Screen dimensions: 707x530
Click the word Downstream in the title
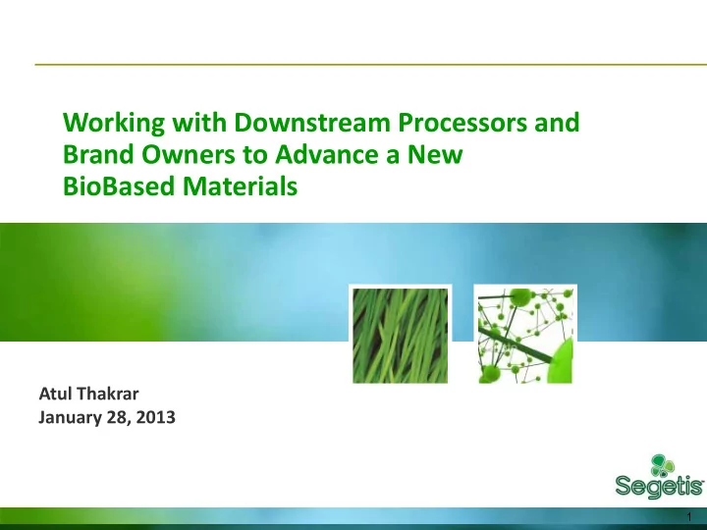[x=311, y=122]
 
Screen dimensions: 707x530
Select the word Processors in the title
[x=462, y=122]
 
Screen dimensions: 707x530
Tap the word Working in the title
[x=114, y=122]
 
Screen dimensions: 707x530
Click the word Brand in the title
[x=98, y=154]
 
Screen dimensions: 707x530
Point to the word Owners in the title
[x=188, y=154]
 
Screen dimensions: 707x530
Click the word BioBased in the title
[x=119, y=185]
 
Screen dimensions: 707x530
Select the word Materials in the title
[x=240, y=185]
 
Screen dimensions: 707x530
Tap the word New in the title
[x=435, y=154]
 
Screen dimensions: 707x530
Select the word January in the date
[x=70, y=417]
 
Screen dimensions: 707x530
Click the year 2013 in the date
[x=155, y=417]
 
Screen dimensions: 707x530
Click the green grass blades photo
[x=401, y=336]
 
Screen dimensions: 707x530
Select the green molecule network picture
[x=525, y=336]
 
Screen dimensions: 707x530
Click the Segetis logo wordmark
[x=659, y=487]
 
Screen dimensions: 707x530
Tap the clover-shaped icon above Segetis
[x=663, y=465]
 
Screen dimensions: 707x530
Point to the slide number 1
[x=689, y=516]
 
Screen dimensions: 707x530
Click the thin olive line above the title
[x=370, y=65]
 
